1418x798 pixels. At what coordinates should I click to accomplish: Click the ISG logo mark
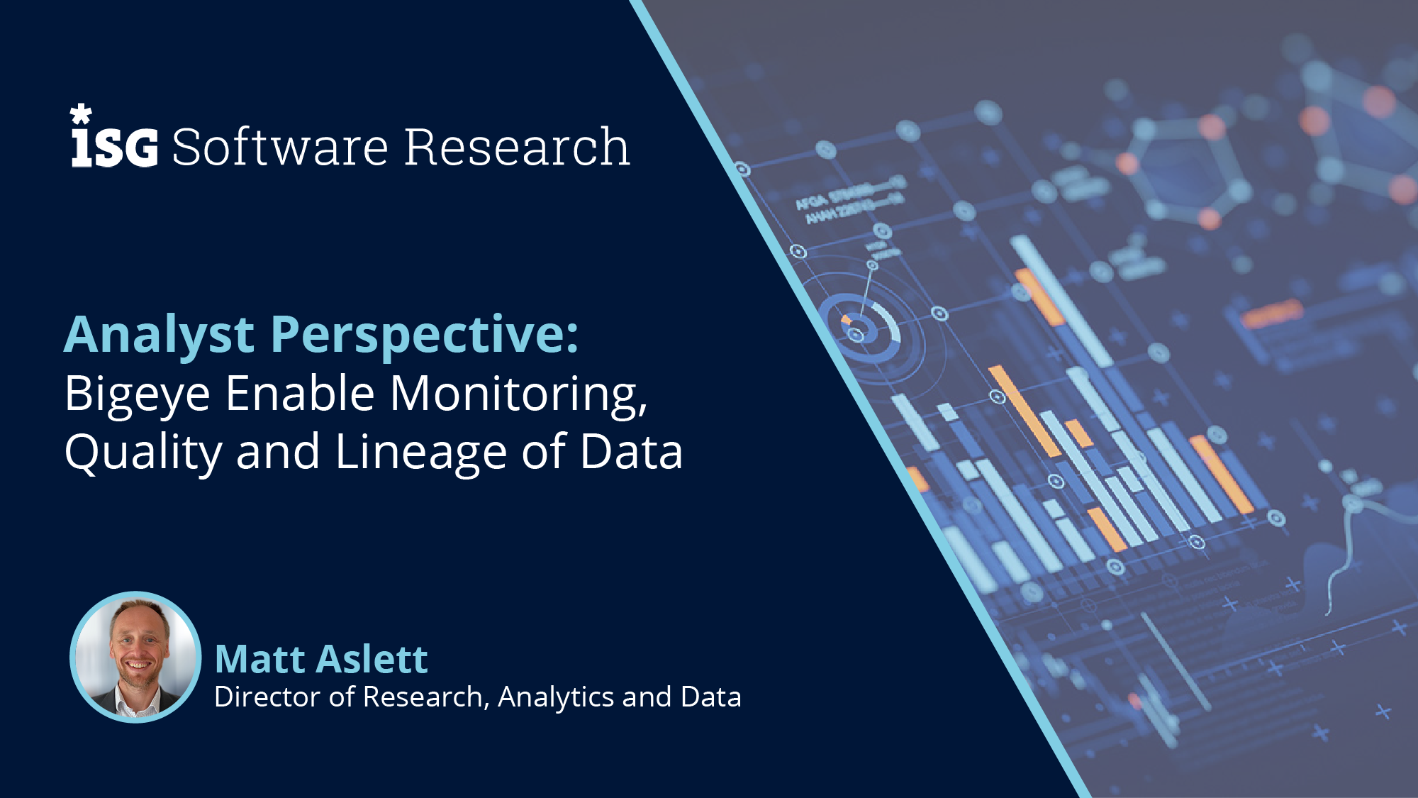(x=114, y=147)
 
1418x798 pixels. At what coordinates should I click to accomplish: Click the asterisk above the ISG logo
(x=81, y=114)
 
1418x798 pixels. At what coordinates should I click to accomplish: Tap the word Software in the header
(x=280, y=148)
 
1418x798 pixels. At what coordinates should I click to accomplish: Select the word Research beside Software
(x=517, y=148)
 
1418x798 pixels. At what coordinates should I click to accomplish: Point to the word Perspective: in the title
(x=425, y=335)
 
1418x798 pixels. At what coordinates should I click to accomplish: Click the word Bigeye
(x=138, y=394)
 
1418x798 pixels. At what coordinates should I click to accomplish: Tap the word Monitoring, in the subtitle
(x=519, y=394)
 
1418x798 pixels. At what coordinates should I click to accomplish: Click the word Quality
(x=143, y=453)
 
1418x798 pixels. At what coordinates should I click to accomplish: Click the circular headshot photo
(x=136, y=657)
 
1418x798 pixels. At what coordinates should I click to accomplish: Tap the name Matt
(x=259, y=659)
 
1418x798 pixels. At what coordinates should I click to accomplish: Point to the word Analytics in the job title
(x=556, y=697)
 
